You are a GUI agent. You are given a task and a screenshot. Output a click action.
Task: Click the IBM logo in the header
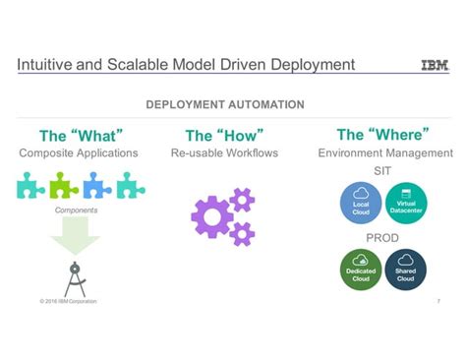(x=435, y=66)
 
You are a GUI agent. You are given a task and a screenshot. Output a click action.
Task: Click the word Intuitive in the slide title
(x=45, y=65)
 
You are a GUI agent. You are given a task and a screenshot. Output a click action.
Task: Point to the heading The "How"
(x=224, y=136)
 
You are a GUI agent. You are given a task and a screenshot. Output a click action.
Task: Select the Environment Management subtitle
(x=385, y=153)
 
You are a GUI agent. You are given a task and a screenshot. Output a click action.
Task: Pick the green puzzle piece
(x=65, y=185)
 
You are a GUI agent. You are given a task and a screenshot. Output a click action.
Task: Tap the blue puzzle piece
(x=97, y=185)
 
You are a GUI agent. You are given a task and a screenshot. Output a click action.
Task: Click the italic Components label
(x=75, y=210)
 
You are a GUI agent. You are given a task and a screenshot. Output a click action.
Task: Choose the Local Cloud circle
(x=361, y=201)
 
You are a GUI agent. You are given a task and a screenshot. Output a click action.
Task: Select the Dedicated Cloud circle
(x=361, y=270)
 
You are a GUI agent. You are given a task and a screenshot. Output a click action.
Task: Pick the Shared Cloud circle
(x=406, y=270)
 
